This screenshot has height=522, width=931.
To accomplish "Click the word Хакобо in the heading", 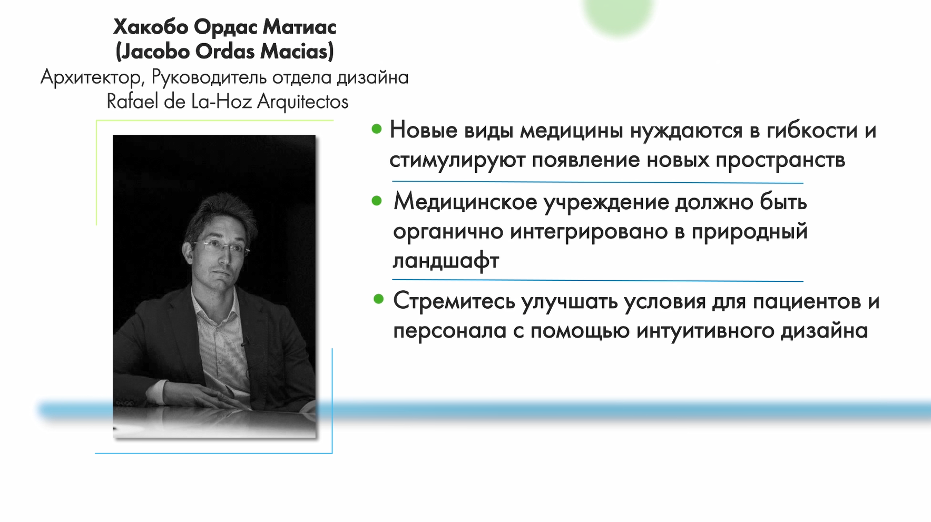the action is pos(151,27).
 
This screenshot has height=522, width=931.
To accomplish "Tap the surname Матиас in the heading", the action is pos(299,27).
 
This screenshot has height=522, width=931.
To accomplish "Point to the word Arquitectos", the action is pos(302,101).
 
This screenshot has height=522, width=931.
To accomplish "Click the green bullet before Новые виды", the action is pos(376,129).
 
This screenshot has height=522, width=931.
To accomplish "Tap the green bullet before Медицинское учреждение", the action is pos(376,201).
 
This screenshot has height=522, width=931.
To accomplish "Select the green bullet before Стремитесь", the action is pos(378,299).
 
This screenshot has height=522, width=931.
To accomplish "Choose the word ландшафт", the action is pos(446,260).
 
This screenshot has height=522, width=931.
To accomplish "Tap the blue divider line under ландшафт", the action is pos(597,280).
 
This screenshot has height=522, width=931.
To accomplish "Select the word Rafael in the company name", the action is pos(132,101).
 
